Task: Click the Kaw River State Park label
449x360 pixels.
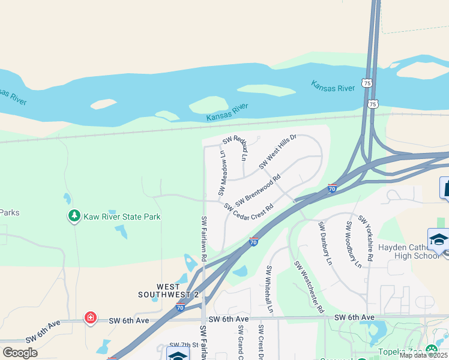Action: point(122,217)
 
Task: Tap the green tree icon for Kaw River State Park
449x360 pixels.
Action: point(74,215)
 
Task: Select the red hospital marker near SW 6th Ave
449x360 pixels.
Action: point(91,317)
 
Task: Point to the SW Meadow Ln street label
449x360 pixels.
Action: point(221,173)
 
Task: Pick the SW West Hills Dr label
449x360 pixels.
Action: point(278,152)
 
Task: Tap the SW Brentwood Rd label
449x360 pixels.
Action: point(258,190)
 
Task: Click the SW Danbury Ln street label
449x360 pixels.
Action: point(325,244)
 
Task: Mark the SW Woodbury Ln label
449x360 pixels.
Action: point(353,244)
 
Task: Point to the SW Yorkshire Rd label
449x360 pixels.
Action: point(366,239)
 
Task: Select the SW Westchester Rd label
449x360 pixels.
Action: point(309,287)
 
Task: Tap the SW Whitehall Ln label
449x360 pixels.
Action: point(270,290)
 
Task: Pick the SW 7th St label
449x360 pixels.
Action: point(183,345)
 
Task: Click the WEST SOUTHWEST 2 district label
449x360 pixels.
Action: point(169,291)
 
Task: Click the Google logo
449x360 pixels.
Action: point(20,353)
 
